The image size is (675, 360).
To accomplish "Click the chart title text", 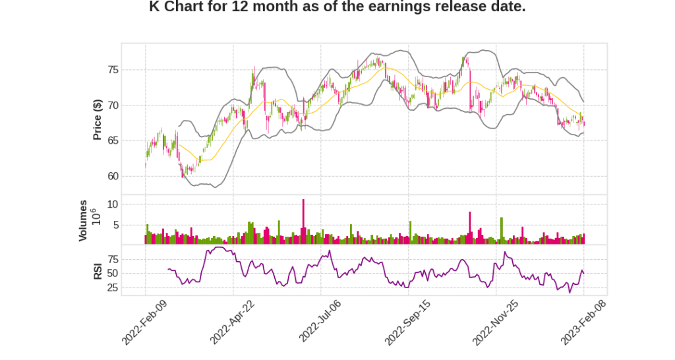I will coord(337,7).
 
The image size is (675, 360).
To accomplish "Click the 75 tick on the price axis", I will coord(112,70).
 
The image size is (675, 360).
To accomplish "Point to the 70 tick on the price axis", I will coord(112,105).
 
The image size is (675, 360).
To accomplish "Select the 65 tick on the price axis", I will coord(112,140).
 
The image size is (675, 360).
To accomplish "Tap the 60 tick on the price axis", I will coord(112,176).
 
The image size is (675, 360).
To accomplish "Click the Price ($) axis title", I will coord(97,119).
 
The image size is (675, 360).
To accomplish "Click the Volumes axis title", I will coord(84,220).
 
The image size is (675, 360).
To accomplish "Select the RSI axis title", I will coord(97,271).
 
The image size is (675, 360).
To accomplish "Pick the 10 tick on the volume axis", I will coord(113,205).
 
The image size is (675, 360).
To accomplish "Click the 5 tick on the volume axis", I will coord(115,225).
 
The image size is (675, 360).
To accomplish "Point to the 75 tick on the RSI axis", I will coord(112,258).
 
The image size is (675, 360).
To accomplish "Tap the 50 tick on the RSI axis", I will coord(112,273).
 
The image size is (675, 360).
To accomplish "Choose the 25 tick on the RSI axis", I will coord(112,288).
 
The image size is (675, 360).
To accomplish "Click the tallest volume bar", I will coord(303,222).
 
